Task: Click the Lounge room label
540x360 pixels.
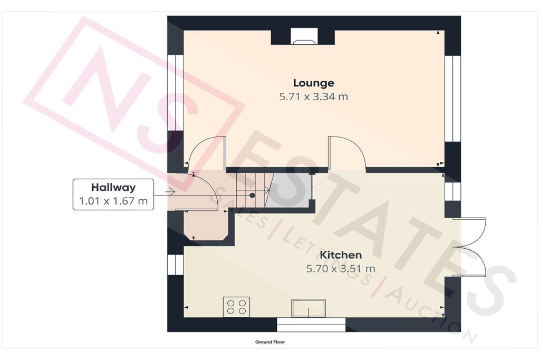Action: click(x=313, y=83)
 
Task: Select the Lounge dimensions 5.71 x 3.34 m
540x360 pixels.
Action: click(x=313, y=96)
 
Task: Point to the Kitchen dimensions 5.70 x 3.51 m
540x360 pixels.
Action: click(x=341, y=268)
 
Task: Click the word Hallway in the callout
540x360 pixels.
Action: click(x=113, y=187)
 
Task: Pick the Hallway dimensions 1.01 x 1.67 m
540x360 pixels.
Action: click(x=113, y=201)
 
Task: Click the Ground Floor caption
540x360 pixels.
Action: click(x=270, y=342)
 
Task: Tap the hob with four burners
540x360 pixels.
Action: click(x=236, y=307)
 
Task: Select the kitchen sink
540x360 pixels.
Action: click(x=308, y=308)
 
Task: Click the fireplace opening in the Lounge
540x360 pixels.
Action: click(x=303, y=37)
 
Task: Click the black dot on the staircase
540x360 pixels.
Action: click(x=252, y=195)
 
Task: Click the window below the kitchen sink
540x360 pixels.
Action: click(x=311, y=325)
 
